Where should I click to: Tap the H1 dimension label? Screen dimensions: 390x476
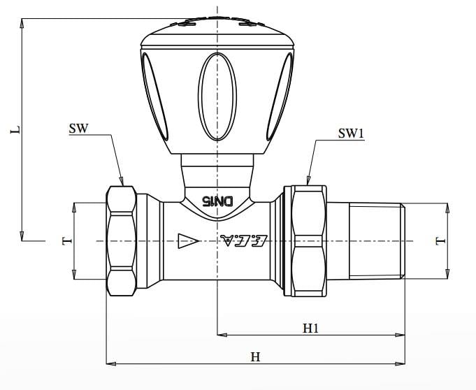click(310, 327)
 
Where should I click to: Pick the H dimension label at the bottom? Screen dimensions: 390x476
click(255, 356)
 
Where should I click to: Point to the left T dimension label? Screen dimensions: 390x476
click(67, 241)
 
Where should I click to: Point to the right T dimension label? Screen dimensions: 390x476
click(440, 241)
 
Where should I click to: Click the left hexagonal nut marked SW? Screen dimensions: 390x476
click(121, 240)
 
